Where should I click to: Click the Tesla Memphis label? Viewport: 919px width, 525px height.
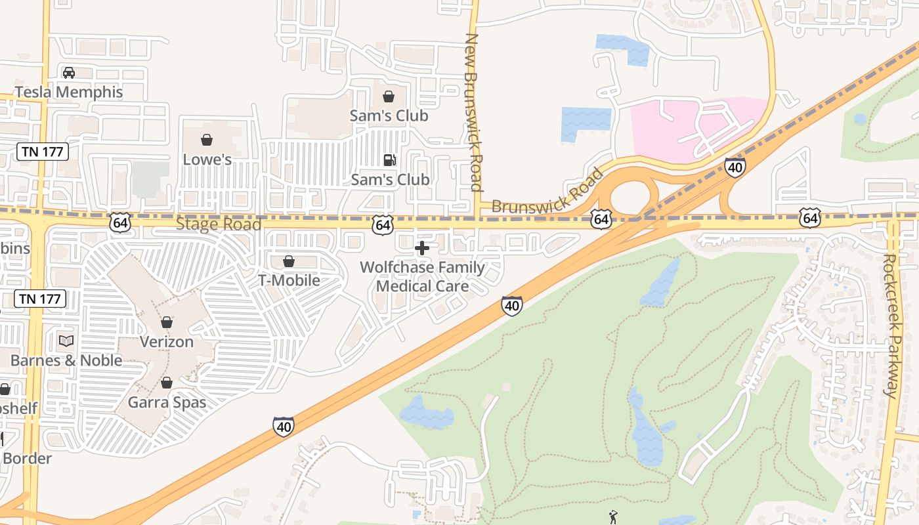(x=69, y=92)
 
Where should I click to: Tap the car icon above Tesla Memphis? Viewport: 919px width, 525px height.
(x=69, y=72)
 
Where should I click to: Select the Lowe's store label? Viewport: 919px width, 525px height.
(x=207, y=159)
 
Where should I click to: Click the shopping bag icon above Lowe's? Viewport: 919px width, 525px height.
(x=207, y=140)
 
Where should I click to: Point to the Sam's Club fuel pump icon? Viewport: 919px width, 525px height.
(x=389, y=160)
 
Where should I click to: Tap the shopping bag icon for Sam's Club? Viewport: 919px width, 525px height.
(x=389, y=96)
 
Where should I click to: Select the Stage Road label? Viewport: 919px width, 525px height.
(x=219, y=224)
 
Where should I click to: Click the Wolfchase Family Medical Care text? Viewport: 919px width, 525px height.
(x=422, y=276)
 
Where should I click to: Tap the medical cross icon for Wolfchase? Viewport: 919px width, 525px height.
(x=422, y=248)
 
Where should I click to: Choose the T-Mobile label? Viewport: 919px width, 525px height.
(x=289, y=280)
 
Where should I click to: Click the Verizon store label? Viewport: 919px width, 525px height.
(x=167, y=342)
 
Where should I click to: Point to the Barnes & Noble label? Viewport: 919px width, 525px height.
(x=66, y=360)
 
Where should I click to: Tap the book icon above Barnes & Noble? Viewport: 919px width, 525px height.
(x=66, y=341)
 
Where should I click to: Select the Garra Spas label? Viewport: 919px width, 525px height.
(x=167, y=402)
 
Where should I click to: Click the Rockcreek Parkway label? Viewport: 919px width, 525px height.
(x=890, y=325)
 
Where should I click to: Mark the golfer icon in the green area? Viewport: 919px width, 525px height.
(x=614, y=517)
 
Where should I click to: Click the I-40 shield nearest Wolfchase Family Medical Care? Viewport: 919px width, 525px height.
(x=512, y=305)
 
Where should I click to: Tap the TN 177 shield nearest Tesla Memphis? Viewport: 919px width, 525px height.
(x=43, y=152)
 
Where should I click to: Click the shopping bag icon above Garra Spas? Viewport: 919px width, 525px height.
(x=167, y=383)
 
